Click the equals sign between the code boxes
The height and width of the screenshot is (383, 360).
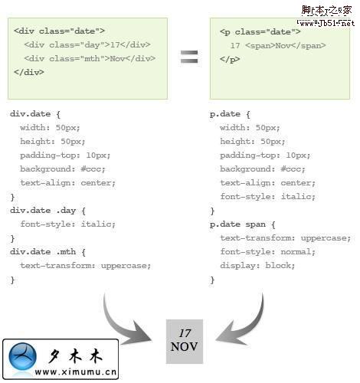coord(189,57)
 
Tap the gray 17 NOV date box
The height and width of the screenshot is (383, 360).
coord(185,341)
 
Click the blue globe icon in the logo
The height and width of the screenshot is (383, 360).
coord(22,356)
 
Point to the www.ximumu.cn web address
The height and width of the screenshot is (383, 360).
coord(76,372)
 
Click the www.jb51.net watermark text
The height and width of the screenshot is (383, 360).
coord(326,23)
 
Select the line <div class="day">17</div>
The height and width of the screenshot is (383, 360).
coord(87,45)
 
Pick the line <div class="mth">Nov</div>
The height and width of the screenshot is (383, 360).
coord(90,59)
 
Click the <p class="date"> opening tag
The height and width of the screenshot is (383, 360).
coord(260,32)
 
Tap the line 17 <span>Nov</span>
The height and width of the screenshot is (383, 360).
coord(278,46)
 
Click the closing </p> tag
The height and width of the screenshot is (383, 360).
coord(230,59)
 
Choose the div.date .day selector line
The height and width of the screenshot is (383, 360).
coord(47,211)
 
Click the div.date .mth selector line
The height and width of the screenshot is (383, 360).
coord(47,252)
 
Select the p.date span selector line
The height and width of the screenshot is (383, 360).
coord(243,224)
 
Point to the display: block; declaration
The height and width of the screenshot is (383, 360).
coord(257,266)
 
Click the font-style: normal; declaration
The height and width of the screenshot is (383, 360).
coord(267,252)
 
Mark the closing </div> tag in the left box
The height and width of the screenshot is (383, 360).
coord(29,72)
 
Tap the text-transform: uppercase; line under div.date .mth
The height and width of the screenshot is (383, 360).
coord(86,266)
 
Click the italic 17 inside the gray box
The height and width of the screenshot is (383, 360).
coord(185,333)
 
